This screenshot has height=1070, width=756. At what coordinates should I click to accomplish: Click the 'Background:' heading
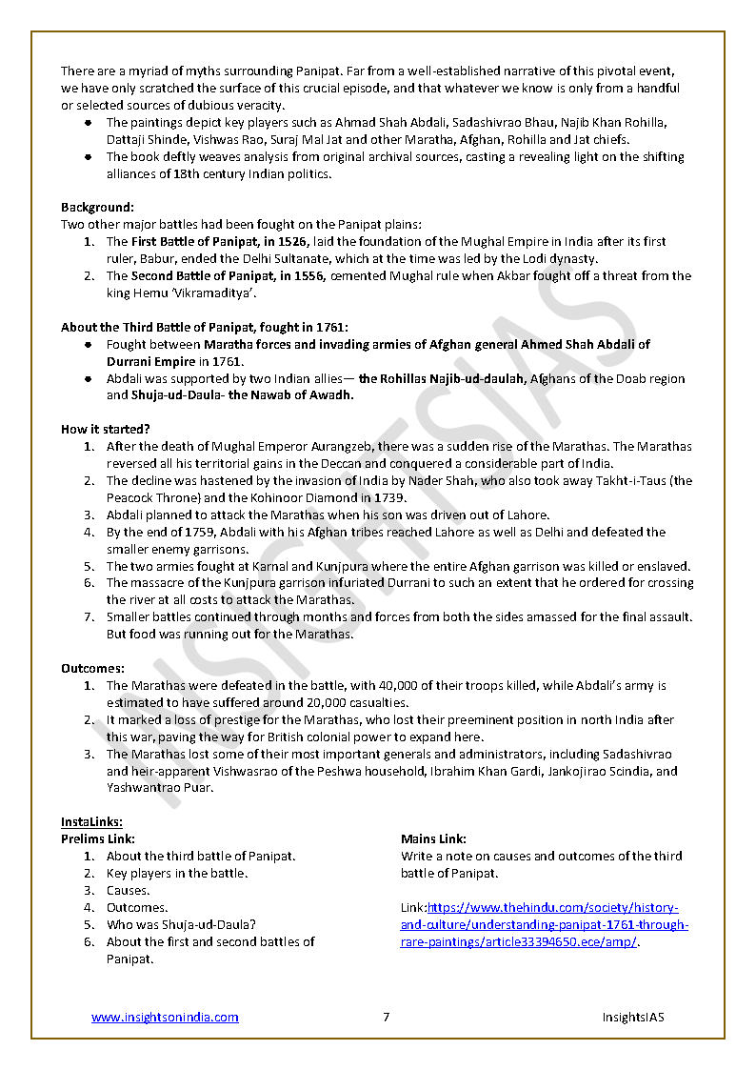coord(97,207)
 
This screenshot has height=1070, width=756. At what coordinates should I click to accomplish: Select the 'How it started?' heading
coord(105,429)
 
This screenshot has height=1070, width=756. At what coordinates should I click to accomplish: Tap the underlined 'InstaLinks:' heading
coord(91,821)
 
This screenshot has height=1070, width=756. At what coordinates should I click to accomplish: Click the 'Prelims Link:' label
coord(97,838)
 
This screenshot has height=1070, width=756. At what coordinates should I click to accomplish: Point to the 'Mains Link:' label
coord(433,838)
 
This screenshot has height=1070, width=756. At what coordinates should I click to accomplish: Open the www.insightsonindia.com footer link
coord(165,1017)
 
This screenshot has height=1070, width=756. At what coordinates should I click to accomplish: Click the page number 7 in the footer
coord(386,1017)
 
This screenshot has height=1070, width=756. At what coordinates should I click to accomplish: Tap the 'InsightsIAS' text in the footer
coord(632,1017)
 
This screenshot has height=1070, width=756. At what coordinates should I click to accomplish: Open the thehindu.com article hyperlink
coord(544,925)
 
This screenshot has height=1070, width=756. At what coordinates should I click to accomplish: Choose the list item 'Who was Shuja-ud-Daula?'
coord(181,924)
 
